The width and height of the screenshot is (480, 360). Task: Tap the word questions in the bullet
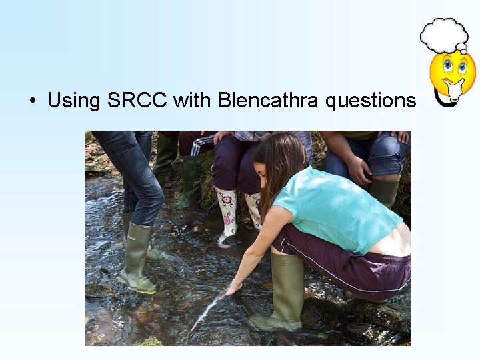point(371,101)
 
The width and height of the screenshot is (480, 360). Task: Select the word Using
point(73,101)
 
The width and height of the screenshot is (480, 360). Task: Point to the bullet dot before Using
point(31,101)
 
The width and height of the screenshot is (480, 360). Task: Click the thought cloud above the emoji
point(443,35)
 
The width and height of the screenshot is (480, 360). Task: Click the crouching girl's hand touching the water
point(233,289)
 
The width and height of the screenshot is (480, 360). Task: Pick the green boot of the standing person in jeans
point(139,257)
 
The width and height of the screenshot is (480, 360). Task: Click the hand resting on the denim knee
point(360,171)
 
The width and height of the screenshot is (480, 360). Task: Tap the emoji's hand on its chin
point(454,87)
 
